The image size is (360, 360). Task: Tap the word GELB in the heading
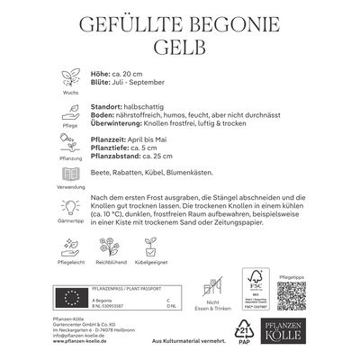coord(180,45)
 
